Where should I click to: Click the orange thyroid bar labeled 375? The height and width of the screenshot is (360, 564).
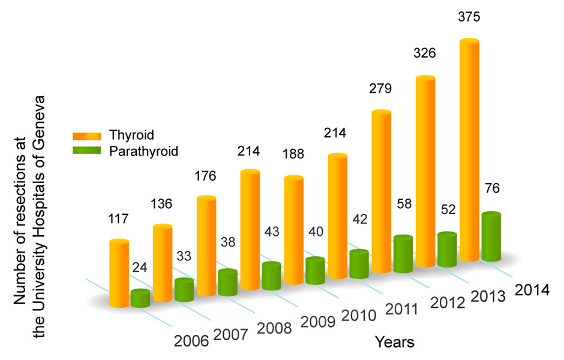point(469,150)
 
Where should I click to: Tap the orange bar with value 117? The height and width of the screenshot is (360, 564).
point(119,274)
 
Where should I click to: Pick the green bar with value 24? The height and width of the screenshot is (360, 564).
point(140,299)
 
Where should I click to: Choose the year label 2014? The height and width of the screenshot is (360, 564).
point(532,290)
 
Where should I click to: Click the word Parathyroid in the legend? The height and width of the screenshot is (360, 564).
point(144,150)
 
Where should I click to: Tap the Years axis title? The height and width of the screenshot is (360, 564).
point(394,343)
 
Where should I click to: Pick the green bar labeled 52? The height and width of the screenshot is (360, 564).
point(447,250)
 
